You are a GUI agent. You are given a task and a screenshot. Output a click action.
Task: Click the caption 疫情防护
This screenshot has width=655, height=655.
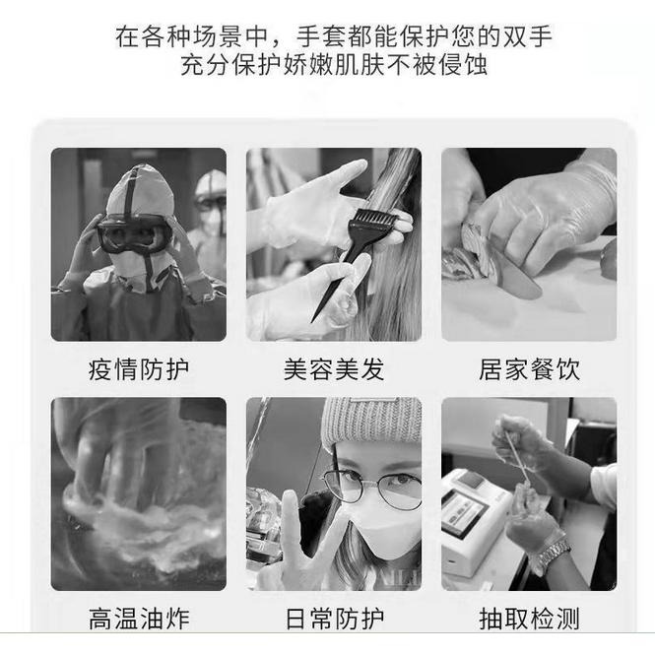[x=138, y=370]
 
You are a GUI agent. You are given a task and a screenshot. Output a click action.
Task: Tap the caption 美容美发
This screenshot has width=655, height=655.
[x=334, y=370]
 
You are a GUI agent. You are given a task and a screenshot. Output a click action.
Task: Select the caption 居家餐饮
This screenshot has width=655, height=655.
[x=529, y=370]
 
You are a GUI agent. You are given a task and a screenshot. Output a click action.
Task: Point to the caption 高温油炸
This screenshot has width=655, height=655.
[x=138, y=620]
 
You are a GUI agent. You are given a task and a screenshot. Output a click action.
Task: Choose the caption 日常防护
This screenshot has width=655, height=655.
[x=334, y=620]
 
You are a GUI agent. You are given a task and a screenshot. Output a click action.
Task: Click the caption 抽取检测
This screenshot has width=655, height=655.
[x=529, y=620]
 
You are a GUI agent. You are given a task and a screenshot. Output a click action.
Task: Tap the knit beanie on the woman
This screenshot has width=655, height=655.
[x=372, y=421]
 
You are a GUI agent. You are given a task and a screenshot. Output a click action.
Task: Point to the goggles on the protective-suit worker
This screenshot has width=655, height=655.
[x=133, y=235]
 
